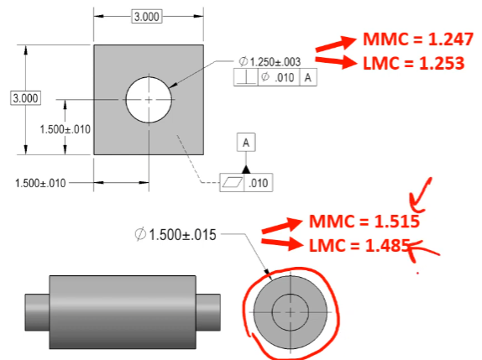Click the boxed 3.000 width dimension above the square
(x=147, y=17)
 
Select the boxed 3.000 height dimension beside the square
(x=26, y=98)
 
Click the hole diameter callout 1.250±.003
(x=270, y=62)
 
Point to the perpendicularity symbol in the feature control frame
(x=246, y=77)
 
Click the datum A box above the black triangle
(x=246, y=143)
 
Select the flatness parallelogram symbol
(x=232, y=182)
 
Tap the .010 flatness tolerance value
(x=259, y=183)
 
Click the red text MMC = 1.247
(x=418, y=39)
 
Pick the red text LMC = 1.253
(x=414, y=63)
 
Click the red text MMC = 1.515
(x=364, y=222)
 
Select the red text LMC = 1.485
(x=359, y=245)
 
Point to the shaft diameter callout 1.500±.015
(x=176, y=235)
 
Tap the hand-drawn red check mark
(x=420, y=196)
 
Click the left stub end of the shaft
(x=37, y=312)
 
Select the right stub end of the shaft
(x=208, y=312)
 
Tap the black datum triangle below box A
(x=246, y=170)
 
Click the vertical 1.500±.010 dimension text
(x=65, y=129)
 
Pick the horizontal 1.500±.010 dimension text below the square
(x=40, y=184)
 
